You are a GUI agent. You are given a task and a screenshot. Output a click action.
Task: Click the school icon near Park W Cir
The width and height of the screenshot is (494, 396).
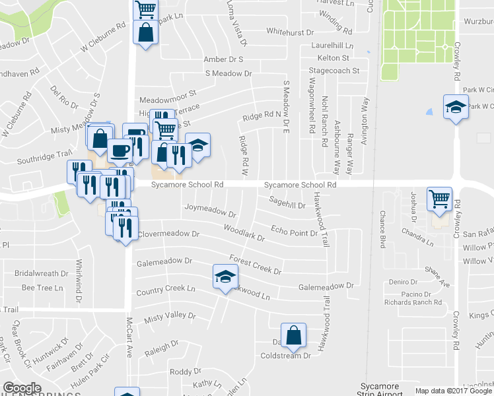coord(455,109)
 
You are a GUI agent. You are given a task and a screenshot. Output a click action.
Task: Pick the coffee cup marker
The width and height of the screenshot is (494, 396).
coord(120,150)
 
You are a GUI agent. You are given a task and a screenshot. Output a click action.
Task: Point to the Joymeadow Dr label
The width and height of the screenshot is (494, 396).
coord(210,213)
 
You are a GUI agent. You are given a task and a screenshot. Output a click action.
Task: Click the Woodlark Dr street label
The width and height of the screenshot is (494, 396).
coord(244,233)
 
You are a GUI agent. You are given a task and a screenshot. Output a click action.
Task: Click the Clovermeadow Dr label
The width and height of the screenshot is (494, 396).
coord(168,234)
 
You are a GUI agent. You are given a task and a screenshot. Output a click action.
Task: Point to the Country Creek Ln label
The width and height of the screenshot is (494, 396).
coord(166,290)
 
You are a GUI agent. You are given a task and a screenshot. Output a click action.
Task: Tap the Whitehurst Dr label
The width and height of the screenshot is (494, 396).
coord(293,31)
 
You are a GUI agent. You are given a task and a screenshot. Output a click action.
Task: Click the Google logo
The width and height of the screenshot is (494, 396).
coord(22,388)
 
